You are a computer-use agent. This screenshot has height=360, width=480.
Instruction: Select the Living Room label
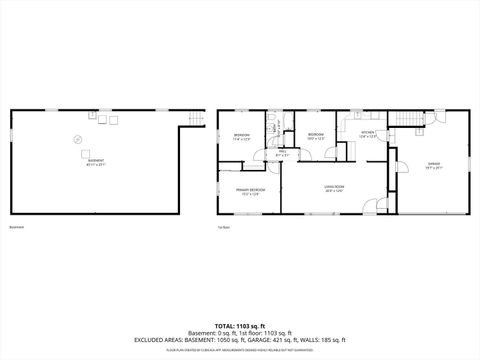[334, 187]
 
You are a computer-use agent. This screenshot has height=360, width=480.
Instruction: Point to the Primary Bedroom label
[250, 190]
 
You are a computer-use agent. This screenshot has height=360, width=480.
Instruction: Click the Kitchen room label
[368, 133]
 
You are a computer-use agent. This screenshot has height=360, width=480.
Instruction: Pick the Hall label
[283, 154]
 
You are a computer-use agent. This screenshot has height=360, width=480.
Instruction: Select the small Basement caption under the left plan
[16, 227]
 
